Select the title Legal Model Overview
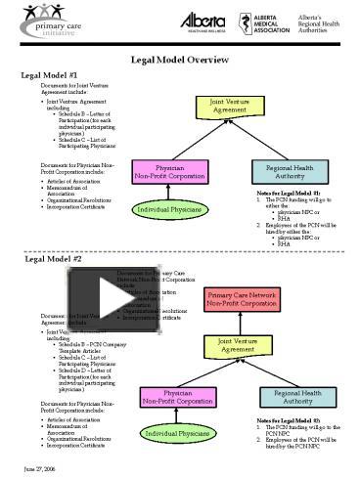[179, 59]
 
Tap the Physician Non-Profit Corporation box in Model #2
[177, 396]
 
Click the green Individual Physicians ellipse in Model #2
[177, 432]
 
